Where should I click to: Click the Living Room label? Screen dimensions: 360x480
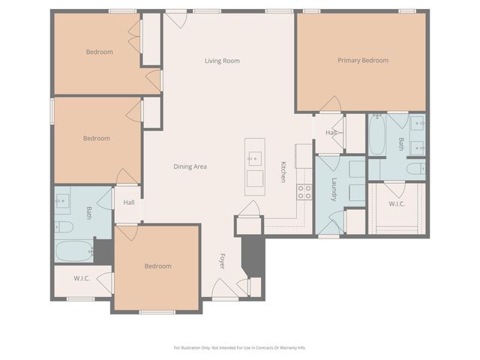tap(222, 61)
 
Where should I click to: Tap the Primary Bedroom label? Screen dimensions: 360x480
tap(362, 61)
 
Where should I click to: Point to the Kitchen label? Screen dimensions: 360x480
tap(283, 172)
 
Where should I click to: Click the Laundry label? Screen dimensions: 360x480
tap(334, 194)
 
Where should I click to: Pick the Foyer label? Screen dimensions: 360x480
tap(222, 261)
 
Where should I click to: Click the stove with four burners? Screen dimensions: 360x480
tap(304, 192)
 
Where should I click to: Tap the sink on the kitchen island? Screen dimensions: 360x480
tap(255, 158)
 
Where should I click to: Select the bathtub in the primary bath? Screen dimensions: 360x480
tap(376, 135)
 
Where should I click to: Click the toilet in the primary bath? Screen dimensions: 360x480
tap(415, 169)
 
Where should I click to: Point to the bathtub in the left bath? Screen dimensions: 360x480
tap(73, 250)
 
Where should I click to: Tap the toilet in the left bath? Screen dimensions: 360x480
tap(64, 226)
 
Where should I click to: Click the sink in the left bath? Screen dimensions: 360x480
tap(62, 200)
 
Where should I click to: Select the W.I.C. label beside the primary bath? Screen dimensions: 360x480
tap(397, 203)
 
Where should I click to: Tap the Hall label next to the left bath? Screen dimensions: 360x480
tap(129, 202)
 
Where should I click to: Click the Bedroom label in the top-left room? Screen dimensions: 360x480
tap(99, 52)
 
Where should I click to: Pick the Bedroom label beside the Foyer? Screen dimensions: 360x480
tap(157, 266)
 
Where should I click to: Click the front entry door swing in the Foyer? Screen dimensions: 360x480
tap(223, 288)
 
